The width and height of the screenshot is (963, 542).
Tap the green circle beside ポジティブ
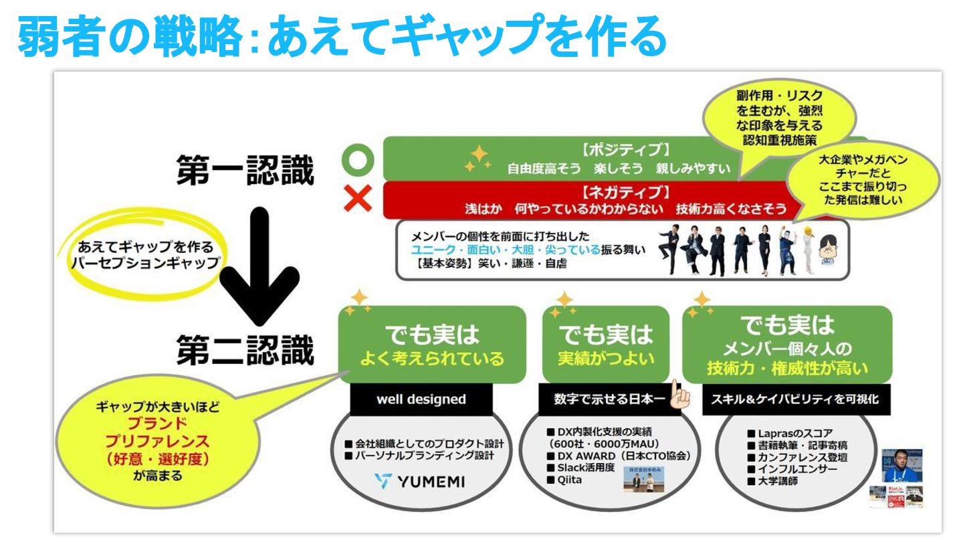pyautogui.click(x=356, y=161)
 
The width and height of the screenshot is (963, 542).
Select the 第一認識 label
pyautogui.click(x=245, y=172)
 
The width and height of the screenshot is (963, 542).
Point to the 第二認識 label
pyautogui.click(x=245, y=350)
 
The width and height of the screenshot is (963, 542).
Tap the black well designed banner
pyautogui.click(x=421, y=399)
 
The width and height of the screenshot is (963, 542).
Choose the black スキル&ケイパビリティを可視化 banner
pyautogui.click(x=786, y=399)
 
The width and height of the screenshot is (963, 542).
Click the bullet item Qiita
pyautogui.click(x=568, y=479)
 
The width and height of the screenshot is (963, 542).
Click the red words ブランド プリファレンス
pyautogui.click(x=158, y=433)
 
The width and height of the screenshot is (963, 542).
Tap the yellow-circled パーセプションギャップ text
pyautogui.click(x=146, y=263)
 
